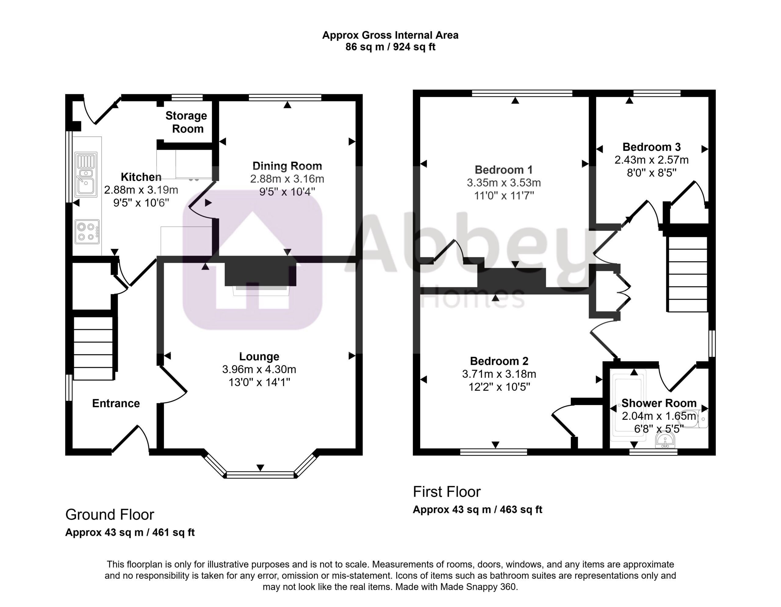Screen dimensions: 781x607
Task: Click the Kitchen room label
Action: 141,177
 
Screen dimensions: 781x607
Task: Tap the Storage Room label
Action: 186,122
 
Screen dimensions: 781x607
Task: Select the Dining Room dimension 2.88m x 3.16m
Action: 287,179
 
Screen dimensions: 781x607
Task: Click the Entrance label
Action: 116,403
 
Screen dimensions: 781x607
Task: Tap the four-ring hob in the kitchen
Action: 87,232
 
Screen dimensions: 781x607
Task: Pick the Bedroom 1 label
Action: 503,170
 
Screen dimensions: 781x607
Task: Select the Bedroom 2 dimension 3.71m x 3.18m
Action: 499,374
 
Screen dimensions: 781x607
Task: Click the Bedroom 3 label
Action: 652,147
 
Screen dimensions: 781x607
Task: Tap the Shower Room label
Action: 659,403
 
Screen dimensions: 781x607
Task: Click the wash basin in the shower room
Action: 665,440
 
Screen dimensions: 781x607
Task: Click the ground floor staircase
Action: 93,348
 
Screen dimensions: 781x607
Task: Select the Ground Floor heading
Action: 110,515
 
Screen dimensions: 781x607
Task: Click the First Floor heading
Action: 447,492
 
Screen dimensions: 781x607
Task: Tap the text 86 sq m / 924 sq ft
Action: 390,47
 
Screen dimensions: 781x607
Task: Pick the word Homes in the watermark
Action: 472,298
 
